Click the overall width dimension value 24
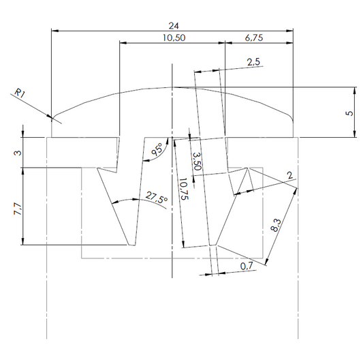[x=174, y=26]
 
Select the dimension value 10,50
[x=174, y=37]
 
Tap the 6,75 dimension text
[x=254, y=37]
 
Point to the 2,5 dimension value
[x=253, y=62]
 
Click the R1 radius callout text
[x=20, y=93]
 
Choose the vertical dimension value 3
[x=18, y=153]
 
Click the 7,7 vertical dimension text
[x=18, y=209]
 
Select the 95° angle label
[x=157, y=149]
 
